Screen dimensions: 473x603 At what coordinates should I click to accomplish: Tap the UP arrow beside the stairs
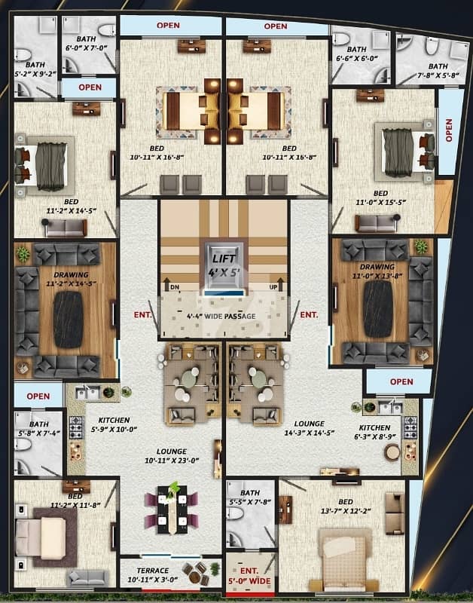pyautogui.click(x=280, y=284)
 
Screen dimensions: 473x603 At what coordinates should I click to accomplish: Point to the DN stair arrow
pyautogui.click(x=167, y=285)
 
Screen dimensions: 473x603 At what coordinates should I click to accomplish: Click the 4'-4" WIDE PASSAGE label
pyautogui.click(x=221, y=316)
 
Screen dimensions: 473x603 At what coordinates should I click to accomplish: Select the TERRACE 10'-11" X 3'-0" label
pyautogui.click(x=153, y=575)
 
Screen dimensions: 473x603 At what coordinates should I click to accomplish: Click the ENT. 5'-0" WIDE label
pyautogui.click(x=249, y=576)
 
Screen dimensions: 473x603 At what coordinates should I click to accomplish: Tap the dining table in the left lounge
pyautogui.click(x=172, y=510)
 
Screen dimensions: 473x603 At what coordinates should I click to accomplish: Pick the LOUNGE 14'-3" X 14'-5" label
pyautogui.click(x=310, y=427)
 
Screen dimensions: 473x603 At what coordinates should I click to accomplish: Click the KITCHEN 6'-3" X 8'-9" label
pyautogui.click(x=374, y=432)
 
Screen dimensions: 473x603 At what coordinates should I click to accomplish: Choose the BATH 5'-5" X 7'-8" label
pyautogui.click(x=250, y=497)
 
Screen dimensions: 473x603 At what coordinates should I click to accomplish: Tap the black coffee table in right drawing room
pyautogui.click(x=378, y=309)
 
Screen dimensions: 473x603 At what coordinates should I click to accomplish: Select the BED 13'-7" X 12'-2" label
pyautogui.click(x=346, y=506)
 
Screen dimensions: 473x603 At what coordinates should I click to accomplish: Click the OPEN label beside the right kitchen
pyautogui.click(x=401, y=381)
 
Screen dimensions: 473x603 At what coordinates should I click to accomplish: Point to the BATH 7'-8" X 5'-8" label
pyautogui.click(x=438, y=71)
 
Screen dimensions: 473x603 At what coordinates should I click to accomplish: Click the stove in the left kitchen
pyautogui.click(x=76, y=427)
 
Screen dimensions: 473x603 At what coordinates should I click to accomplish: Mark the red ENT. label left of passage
pyautogui.click(x=142, y=314)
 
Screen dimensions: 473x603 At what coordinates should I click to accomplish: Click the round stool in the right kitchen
pyautogui.click(x=392, y=451)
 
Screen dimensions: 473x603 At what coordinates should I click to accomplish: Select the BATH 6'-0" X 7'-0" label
pyautogui.click(x=86, y=43)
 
